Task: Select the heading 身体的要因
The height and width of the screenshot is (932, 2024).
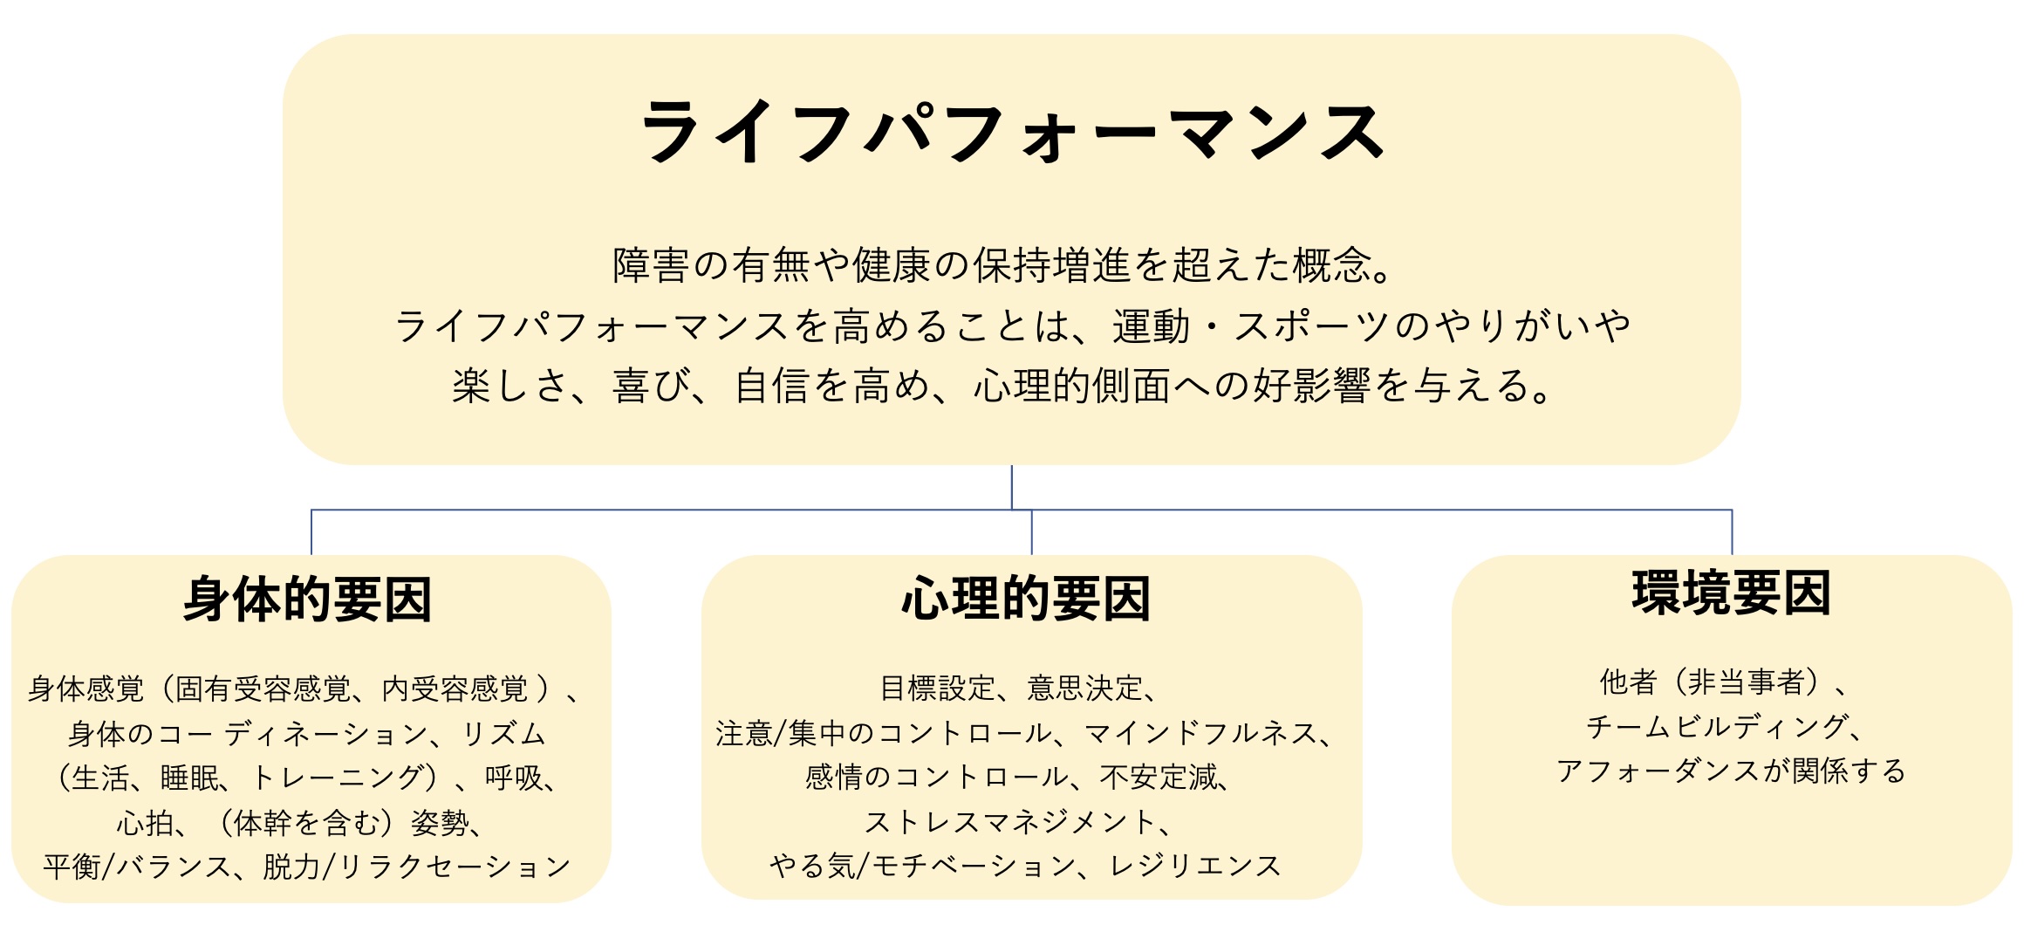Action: [308, 600]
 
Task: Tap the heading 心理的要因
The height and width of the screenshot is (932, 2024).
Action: [1026, 599]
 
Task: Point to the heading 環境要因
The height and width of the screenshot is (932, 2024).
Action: [1731, 593]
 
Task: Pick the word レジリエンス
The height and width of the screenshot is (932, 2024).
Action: [1195, 866]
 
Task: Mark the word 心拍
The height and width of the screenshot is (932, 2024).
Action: [146, 822]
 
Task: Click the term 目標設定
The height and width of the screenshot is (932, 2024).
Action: [937, 689]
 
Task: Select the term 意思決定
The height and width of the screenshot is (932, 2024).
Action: [1084, 689]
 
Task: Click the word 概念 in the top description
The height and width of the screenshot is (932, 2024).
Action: [1332, 265]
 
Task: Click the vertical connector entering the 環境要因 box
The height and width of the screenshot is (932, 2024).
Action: [1732, 532]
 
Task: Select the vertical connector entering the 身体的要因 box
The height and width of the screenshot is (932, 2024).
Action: [311, 532]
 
